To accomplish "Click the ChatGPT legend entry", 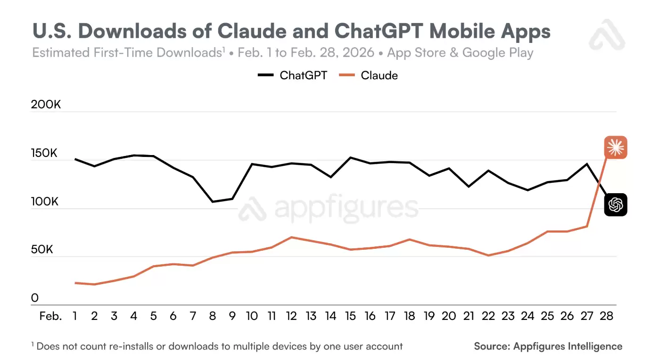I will (292, 75).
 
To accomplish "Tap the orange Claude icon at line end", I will (615, 147).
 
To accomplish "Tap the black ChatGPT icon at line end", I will (615, 205).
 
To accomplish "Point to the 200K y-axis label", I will (46, 105).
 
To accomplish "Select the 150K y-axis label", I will (45, 154).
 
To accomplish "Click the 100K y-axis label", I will (45, 202).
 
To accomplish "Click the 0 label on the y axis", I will (35, 298).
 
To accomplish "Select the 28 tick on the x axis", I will (606, 316).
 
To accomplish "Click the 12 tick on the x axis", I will (291, 316).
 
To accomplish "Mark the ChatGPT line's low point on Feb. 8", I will (213, 202).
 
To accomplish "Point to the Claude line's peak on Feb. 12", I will (292, 237).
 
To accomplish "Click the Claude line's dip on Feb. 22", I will (489, 255).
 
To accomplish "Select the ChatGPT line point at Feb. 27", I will (587, 164).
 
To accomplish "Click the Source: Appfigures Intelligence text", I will (548, 346).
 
